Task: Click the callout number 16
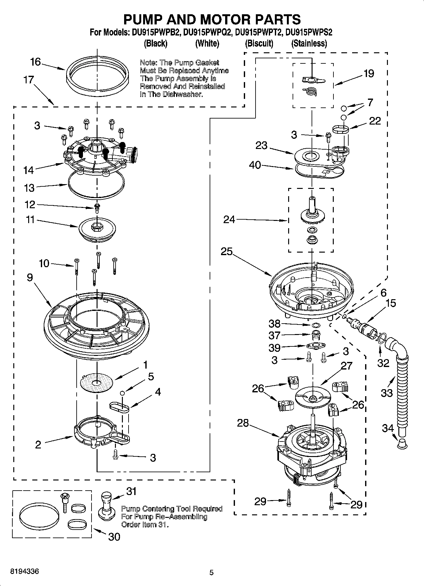point(35,62)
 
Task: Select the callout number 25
point(227,251)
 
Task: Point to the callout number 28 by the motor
point(243,423)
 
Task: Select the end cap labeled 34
point(401,443)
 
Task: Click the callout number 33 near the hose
point(387,393)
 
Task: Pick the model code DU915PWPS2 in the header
point(309,32)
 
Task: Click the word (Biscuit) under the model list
point(259,43)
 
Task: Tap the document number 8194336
point(25,571)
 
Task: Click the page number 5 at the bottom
point(212,572)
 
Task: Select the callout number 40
point(255,165)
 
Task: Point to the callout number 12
point(30,205)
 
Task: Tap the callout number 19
point(369,74)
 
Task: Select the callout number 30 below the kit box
point(114,537)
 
